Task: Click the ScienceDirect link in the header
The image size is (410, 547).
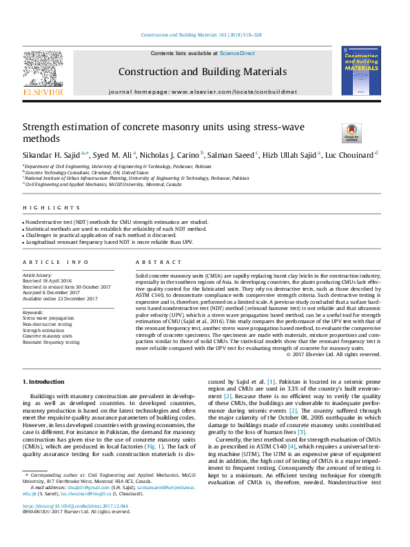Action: point(237,53)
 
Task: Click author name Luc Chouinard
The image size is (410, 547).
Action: point(349,154)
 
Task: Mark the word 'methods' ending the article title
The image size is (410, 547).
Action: point(41,138)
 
